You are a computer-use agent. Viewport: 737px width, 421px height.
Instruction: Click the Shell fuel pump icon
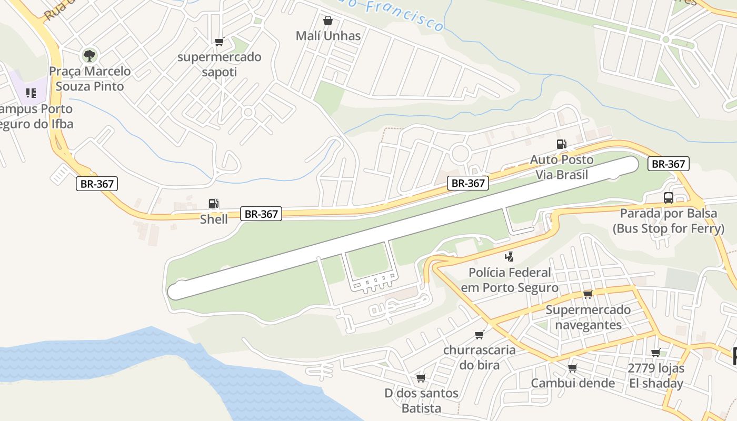tap(213, 204)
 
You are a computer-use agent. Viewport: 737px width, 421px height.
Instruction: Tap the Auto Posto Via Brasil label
tap(561, 167)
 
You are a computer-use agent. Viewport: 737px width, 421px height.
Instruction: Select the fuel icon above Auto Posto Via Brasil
tap(562, 144)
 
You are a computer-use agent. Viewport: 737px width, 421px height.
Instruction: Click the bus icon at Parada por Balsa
tap(669, 198)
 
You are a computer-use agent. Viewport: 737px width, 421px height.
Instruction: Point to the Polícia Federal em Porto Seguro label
tap(510, 280)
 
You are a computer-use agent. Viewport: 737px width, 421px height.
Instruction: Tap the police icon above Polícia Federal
tap(509, 257)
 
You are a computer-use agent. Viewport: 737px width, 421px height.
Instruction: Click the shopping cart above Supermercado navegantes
tap(587, 294)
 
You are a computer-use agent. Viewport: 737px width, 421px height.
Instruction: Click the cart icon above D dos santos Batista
tap(421, 378)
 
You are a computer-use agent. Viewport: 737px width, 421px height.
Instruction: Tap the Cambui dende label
tap(573, 383)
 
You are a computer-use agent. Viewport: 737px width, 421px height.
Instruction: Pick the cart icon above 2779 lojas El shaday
tap(655, 353)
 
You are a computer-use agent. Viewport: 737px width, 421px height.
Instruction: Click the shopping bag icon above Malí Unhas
tap(328, 21)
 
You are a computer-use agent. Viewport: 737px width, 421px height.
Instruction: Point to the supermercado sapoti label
tap(220, 64)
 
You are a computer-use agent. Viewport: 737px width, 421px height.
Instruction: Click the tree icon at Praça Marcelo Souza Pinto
tap(89, 55)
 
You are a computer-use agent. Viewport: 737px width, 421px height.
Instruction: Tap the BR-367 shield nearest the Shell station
tap(261, 214)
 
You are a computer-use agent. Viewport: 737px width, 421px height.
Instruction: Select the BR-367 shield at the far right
tap(668, 164)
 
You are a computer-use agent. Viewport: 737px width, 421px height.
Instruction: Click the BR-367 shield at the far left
tap(97, 184)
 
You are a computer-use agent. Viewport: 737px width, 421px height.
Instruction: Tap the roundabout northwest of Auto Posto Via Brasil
tap(460, 154)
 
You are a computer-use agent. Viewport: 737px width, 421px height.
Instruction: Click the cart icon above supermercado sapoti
tap(219, 42)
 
